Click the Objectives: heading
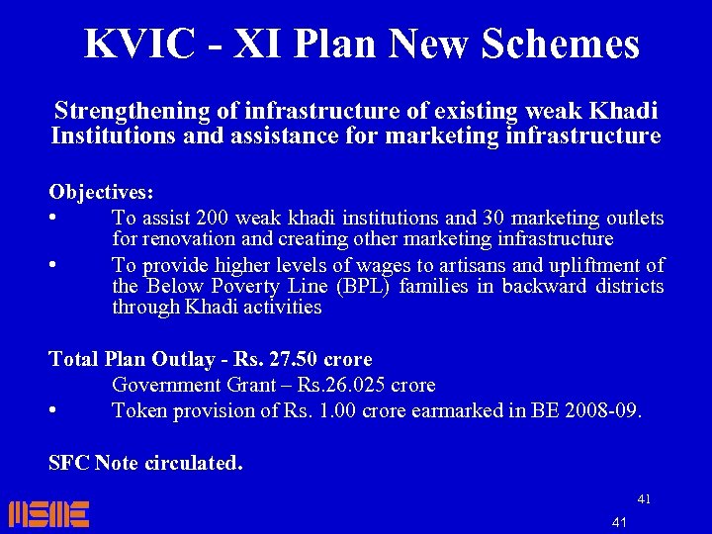click(x=101, y=190)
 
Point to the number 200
click(x=214, y=218)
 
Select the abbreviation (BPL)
click(x=366, y=287)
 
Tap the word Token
click(x=138, y=410)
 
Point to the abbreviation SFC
click(x=69, y=462)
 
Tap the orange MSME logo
click(x=48, y=513)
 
